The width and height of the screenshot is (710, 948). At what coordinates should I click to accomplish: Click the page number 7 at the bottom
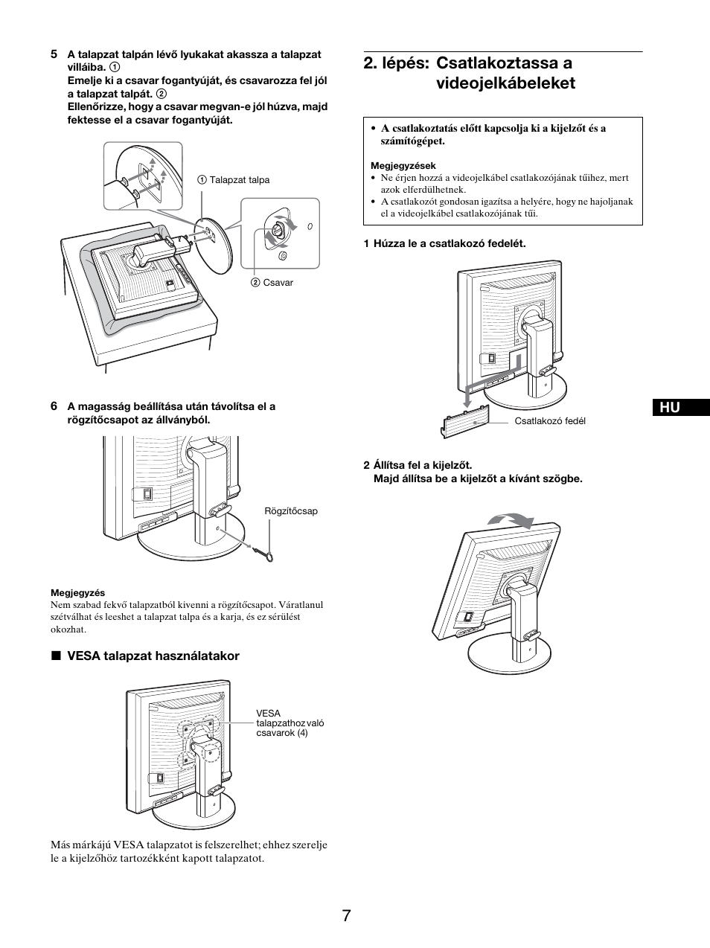pyautogui.click(x=347, y=915)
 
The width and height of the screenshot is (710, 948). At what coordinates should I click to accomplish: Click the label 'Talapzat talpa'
pyautogui.click(x=239, y=180)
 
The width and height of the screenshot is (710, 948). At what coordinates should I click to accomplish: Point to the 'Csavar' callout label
pyautogui.click(x=277, y=283)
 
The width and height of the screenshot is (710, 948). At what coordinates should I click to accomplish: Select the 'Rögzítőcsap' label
pyautogui.click(x=291, y=511)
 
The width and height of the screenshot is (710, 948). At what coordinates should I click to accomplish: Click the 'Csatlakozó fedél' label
pyautogui.click(x=550, y=421)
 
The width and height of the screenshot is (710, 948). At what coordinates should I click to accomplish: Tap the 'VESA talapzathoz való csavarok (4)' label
pyautogui.click(x=290, y=723)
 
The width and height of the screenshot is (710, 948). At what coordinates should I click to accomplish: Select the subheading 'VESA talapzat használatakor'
pyautogui.click(x=153, y=656)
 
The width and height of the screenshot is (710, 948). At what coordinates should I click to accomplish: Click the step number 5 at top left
pyautogui.click(x=54, y=54)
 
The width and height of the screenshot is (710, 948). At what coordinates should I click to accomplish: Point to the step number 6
pyautogui.click(x=54, y=406)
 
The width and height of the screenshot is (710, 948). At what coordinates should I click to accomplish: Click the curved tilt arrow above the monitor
pyautogui.click(x=511, y=520)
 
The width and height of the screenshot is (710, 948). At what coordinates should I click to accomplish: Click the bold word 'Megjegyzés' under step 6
pyautogui.click(x=77, y=593)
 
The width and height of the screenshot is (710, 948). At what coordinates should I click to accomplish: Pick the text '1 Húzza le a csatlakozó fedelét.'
pyautogui.click(x=444, y=243)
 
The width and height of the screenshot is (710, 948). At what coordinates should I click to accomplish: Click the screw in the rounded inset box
pyautogui.click(x=276, y=230)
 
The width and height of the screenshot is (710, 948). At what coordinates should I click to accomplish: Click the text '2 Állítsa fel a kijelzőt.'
pyautogui.click(x=418, y=466)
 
